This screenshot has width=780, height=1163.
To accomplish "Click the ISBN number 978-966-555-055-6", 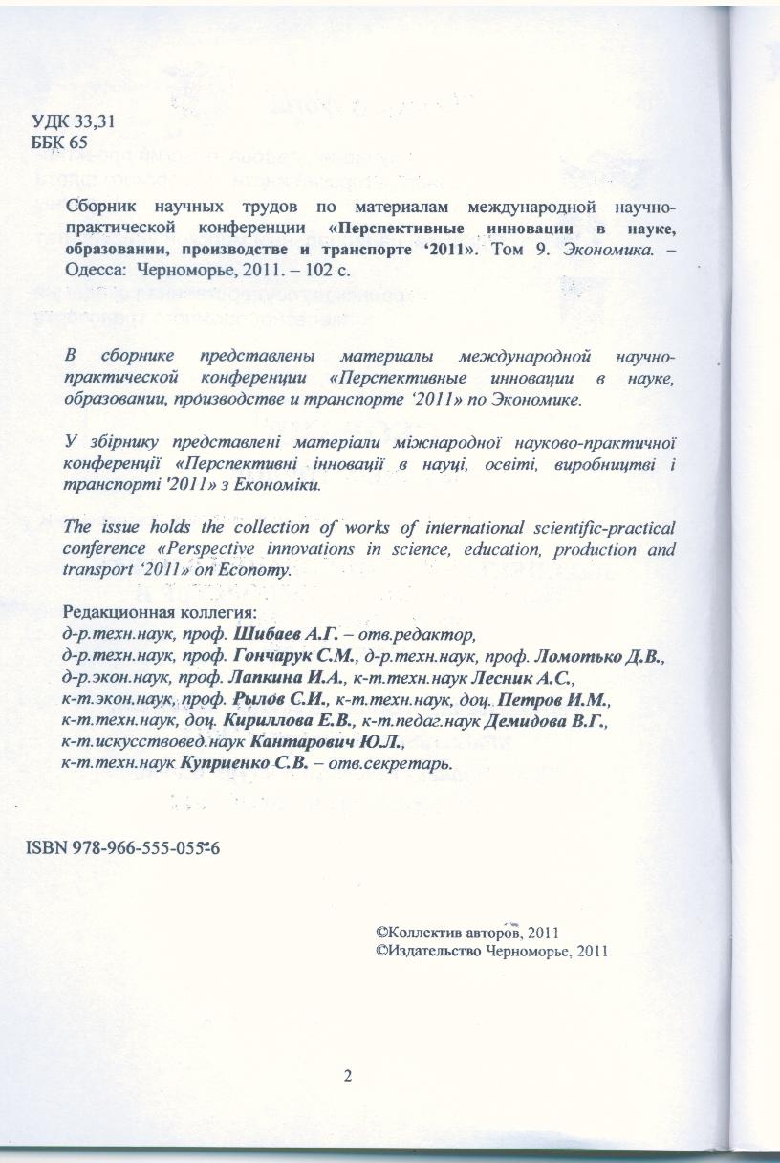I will tap(125, 849).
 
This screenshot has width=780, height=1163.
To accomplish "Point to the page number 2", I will tap(348, 1076).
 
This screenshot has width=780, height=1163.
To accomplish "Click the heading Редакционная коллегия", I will tap(159, 612).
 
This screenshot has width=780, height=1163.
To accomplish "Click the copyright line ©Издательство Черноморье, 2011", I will tap(493, 952).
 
